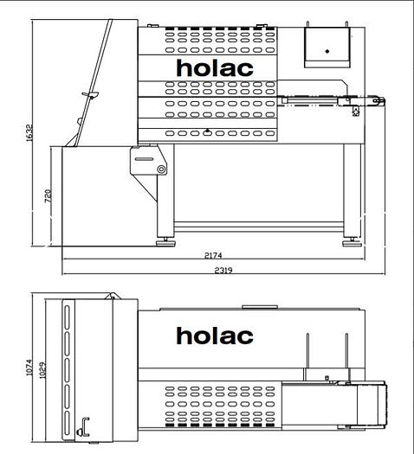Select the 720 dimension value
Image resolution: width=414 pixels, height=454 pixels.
coord(49,197)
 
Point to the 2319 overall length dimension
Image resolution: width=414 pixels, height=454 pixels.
coord(224,271)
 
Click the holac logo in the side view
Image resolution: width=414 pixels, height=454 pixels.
coord(215,67)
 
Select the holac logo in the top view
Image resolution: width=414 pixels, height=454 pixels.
coord(215,336)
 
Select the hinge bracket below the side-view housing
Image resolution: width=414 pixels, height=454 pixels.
coord(147,162)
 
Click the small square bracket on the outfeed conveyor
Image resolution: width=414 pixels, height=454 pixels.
coord(354,110)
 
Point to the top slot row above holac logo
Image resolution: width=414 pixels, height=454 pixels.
coord(215,41)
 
